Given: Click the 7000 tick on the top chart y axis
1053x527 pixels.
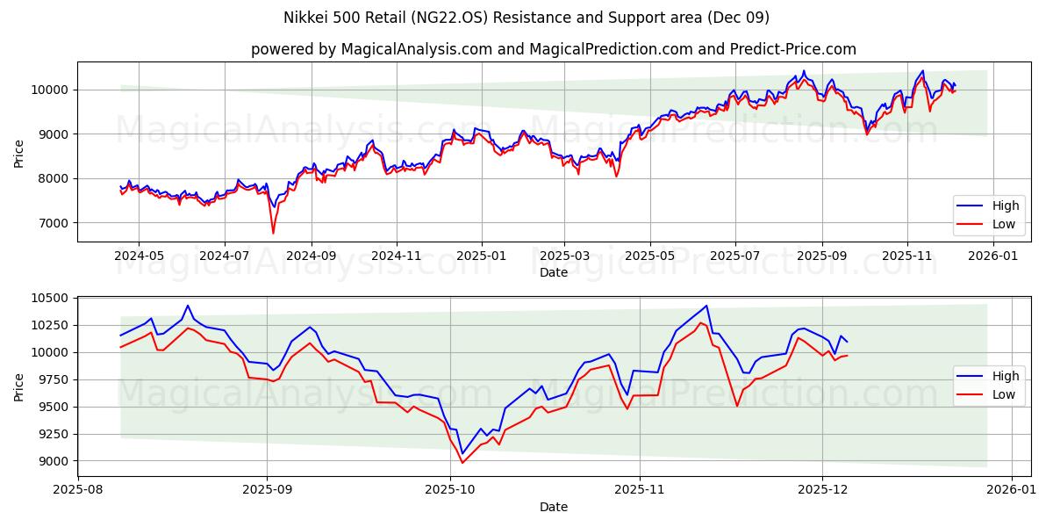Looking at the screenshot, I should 54,223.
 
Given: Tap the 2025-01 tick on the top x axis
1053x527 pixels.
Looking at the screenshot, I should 481,255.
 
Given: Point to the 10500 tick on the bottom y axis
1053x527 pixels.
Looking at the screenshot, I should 51,299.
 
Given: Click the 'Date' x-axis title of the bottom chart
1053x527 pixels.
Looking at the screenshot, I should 554,507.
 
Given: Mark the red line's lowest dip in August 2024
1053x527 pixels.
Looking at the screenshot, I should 273,233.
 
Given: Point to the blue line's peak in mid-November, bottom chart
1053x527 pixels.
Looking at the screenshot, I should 706,306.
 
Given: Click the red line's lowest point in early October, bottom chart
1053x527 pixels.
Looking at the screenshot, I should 462,463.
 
